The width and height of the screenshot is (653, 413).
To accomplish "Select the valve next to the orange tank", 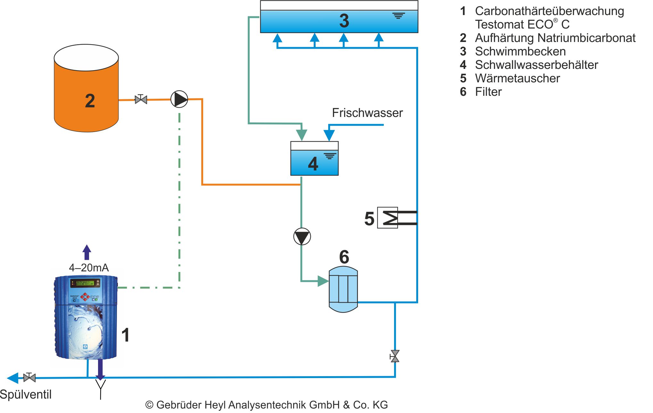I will click(x=141, y=99).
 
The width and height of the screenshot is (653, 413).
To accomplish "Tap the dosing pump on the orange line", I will click(x=179, y=99).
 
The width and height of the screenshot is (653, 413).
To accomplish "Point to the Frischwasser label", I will click(x=367, y=113).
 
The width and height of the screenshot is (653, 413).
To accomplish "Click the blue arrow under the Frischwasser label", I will click(x=329, y=134).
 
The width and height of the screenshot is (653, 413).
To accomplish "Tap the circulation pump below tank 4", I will click(x=302, y=236).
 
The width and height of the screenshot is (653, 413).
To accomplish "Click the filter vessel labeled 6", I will click(x=343, y=289).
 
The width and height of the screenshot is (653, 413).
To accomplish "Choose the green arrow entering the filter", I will click(x=322, y=281).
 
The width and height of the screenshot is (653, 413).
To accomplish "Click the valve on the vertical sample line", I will click(x=395, y=356).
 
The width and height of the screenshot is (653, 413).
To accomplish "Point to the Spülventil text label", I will click(x=26, y=394).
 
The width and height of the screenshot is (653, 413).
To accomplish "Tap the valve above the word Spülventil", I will click(x=29, y=378).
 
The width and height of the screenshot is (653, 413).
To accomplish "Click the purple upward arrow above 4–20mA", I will click(x=87, y=252).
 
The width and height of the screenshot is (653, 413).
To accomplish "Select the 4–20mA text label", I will click(x=89, y=268).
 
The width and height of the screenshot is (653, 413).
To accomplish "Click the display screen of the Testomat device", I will click(x=85, y=283).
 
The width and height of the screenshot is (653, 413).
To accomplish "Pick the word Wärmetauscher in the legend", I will click(x=517, y=78).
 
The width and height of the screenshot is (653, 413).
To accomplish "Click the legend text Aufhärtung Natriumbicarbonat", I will click(x=555, y=38).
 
